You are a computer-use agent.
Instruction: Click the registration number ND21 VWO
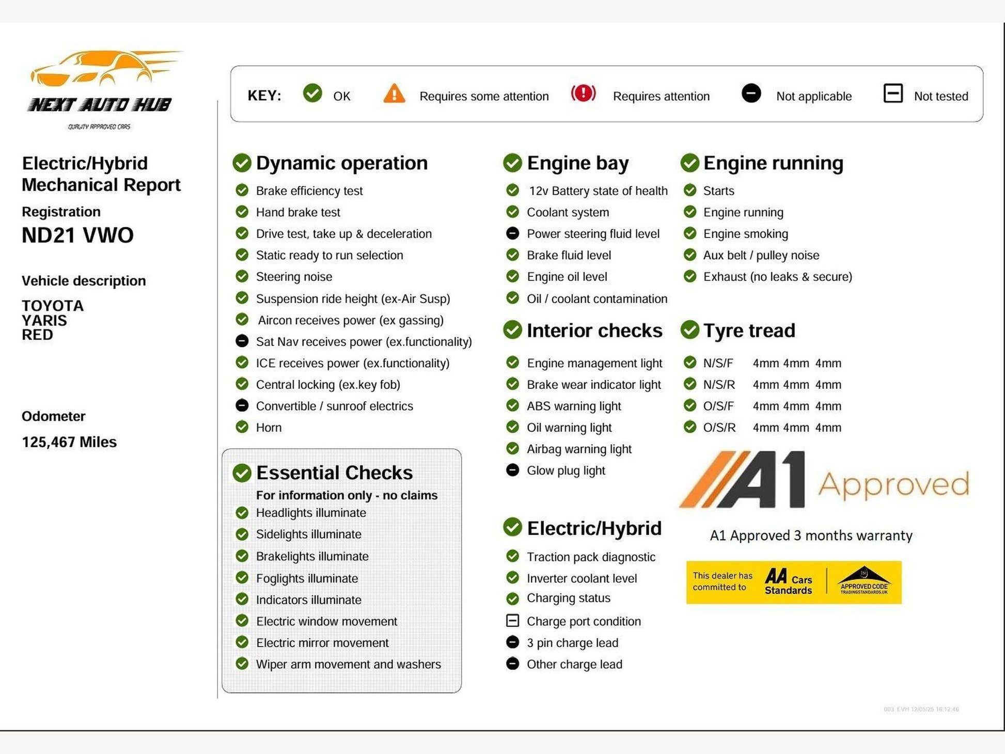77,235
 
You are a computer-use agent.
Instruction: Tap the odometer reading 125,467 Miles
69,442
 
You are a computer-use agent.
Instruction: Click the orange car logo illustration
103,68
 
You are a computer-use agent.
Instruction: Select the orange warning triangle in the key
394,95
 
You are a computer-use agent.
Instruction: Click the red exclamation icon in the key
583,93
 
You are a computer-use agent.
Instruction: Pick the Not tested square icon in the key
893,93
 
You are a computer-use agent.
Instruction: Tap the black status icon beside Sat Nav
242,341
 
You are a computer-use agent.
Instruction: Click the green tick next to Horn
242,427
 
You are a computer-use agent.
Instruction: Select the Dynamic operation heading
341,163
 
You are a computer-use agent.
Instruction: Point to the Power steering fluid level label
593,234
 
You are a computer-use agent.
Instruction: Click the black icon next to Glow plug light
512,470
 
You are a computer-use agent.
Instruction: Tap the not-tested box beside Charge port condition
512,620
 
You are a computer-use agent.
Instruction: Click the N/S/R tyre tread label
719,385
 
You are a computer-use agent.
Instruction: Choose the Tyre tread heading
749,331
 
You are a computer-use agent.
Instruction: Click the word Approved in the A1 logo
893,484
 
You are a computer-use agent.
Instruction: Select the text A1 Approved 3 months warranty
811,536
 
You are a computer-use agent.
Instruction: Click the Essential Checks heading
334,473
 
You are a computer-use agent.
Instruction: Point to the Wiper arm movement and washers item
348,664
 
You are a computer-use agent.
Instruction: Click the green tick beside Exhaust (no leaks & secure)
690,276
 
